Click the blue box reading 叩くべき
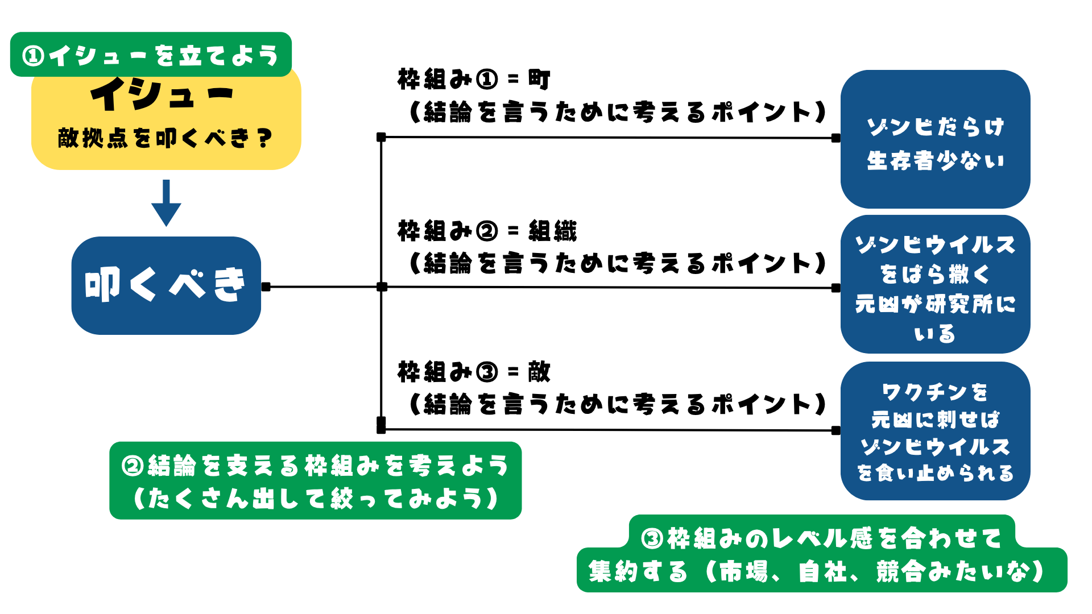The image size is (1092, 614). (166, 285)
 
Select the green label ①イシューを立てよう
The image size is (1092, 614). (151, 55)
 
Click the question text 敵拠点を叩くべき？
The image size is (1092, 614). (166, 138)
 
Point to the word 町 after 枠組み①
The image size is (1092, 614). (539, 79)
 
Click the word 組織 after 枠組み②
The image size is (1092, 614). (552, 231)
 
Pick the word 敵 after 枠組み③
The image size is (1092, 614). (539, 372)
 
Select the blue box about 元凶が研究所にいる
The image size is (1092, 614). (935, 284)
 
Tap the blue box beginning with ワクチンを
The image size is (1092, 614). (935, 431)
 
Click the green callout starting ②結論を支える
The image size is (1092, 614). (315, 481)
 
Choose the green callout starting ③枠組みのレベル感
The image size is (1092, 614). (822, 554)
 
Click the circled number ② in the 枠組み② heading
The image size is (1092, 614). (487, 231)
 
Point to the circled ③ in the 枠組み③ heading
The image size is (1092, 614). (487, 372)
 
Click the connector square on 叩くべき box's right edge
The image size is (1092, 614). (266, 287)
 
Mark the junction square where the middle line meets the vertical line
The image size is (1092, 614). (382, 287)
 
